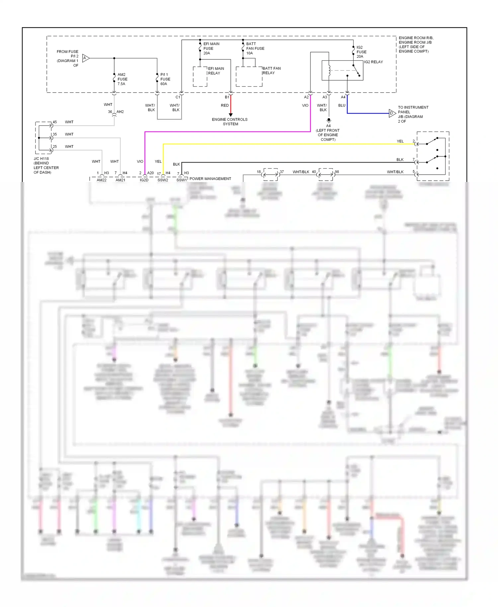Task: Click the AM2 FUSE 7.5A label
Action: click(x=122, y=79)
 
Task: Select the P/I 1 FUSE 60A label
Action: click(x=165, y=79)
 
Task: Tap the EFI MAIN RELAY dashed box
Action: click(x=200, y=77)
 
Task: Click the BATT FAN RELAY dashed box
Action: click(x=249, y=77)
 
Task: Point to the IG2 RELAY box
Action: click(x=342, y=70)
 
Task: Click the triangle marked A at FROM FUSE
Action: click(x=85, y=58)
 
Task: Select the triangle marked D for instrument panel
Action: click(x=392, y=113)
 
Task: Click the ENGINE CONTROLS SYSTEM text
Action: click(x=230, y=122)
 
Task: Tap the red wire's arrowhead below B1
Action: click(x=230, y=115)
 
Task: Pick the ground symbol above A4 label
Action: click(x=328, y=120)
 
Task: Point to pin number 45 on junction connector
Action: click(x=55, y=122)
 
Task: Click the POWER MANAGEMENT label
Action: click(x=210, y=179)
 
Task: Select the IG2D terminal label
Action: click(x=144, y=180)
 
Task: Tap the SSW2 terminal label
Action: click(x=163, y=180)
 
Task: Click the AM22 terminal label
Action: click(x=102, y=180)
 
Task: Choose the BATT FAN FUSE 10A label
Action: click(x=255, y=48)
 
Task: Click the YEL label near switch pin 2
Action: click(x=400, y=141)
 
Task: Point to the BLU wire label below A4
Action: click(x=342, y=105)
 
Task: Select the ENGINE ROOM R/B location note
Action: click(x=415, y=44)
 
